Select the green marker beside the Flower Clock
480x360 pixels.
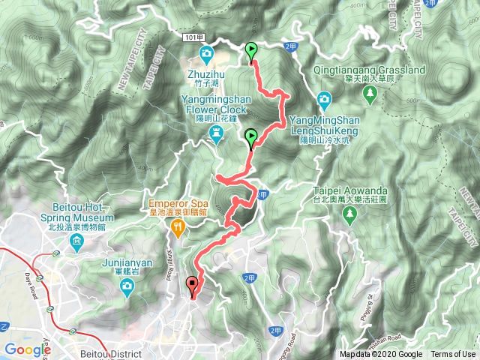(x=251, y=137)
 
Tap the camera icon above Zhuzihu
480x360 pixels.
(x=206, y=53)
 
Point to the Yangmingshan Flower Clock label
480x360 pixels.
(x=214, y=109)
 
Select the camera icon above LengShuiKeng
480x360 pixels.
(x=323, y=99)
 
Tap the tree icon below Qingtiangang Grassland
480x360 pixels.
(x=370, y=93)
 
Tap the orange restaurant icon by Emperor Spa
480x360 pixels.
(x=177, y=227)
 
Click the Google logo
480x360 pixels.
(x=28, y=349)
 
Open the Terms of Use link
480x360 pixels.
(x=453, y=355)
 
